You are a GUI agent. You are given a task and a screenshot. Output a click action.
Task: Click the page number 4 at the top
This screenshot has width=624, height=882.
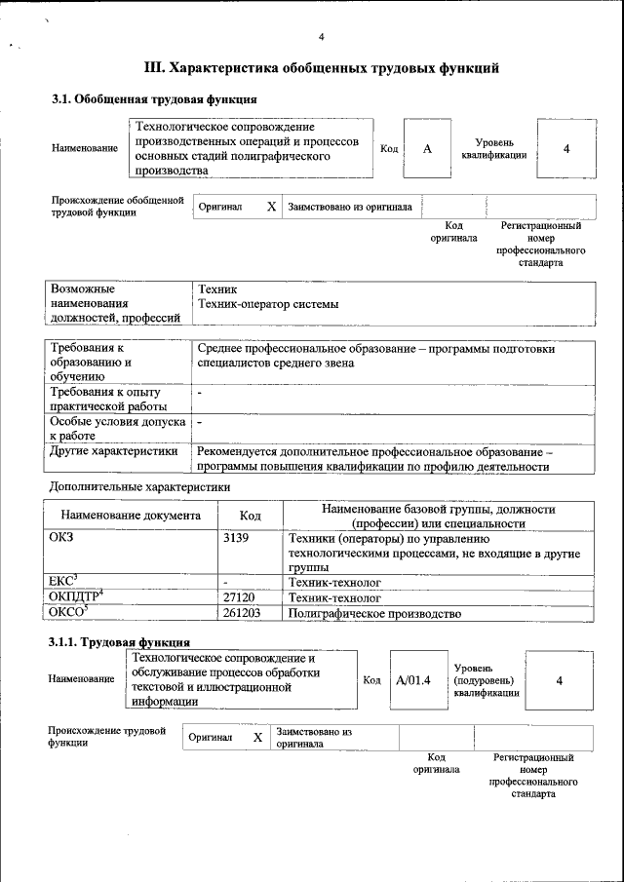click(x=321, y=37)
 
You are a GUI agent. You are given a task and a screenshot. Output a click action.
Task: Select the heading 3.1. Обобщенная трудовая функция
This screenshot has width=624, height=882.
click(x=154, y=99)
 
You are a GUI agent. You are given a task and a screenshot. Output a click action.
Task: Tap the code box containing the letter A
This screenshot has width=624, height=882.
click(x=427, y=148)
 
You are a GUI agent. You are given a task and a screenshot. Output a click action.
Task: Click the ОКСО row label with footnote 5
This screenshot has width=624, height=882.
click(x=68, y=612)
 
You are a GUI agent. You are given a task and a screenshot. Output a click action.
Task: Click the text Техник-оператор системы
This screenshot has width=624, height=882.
click(x=268, y=304)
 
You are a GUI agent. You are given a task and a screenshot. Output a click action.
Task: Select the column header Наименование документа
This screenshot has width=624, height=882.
click(x=131, y=516)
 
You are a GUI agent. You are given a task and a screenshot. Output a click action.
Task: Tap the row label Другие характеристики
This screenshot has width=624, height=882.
click(x=113, y=451)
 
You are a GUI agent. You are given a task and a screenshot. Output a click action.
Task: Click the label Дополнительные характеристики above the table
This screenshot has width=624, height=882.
click(x=139, y=485)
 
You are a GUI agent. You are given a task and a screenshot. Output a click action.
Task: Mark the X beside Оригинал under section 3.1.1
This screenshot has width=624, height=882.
click(x=257, y=738)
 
